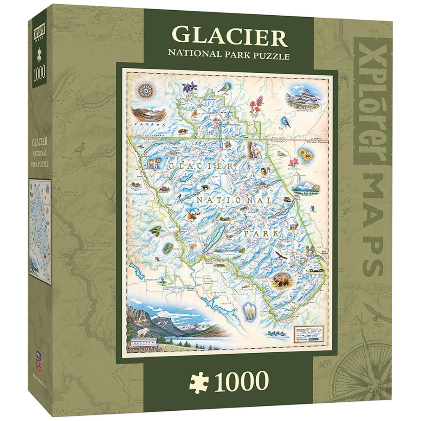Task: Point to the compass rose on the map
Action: click(x=145, y=91)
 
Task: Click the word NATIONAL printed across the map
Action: click(x=234, y=200)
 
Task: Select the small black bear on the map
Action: click(x=204, y=188)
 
